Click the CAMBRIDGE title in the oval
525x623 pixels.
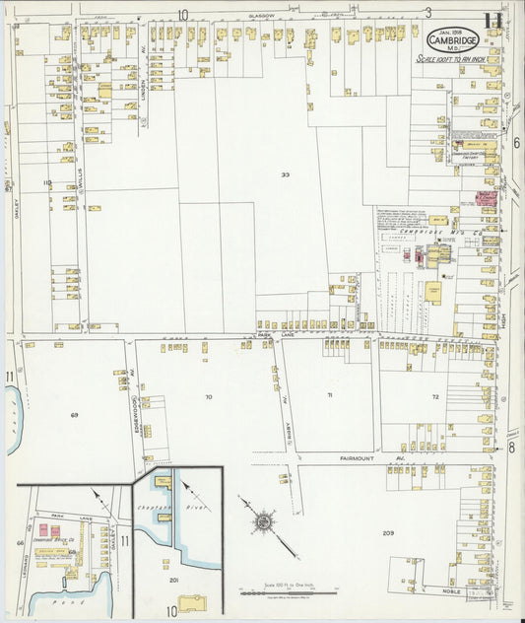454,40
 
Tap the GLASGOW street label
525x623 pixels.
262,17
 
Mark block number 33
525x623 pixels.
285,175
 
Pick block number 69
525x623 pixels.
74,415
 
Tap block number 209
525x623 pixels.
388,533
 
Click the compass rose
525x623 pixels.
264,519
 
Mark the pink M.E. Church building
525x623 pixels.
486,199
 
